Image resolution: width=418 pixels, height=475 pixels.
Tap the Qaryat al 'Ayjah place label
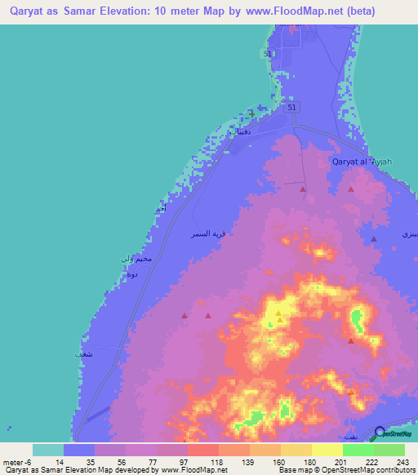click(362, 162)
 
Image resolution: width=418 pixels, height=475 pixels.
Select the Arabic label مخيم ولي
click(135, 259)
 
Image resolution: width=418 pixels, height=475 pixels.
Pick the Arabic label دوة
click(131, 276)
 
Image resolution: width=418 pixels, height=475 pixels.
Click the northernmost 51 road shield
click(268, 53)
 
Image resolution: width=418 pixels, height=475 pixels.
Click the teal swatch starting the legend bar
click(47, 450)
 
